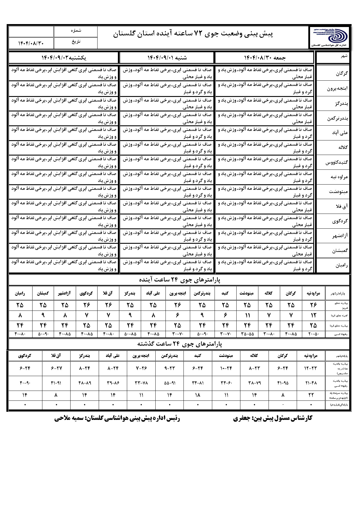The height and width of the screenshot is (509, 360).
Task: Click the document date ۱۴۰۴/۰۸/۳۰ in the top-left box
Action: [x=31, y=43]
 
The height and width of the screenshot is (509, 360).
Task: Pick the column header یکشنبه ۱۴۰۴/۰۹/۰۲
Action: [x=64, y=58]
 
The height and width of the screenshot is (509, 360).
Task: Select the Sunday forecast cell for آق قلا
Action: [x=64, y=206]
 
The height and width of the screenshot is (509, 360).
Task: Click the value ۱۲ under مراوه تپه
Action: [x=314, y=315]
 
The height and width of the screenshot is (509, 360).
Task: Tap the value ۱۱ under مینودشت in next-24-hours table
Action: [x=247, y=315]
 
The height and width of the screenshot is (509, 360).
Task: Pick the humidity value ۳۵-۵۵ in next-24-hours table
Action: [x=247, y=334]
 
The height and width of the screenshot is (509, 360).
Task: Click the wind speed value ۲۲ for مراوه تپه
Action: [x=311, y=395]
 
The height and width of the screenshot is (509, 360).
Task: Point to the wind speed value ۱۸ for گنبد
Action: [x=198, y=395]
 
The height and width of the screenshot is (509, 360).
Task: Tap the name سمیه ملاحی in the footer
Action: [x=69, y=418]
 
